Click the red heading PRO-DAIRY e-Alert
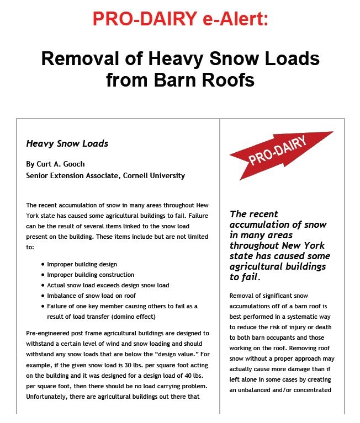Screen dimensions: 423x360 click(x=180, y=19)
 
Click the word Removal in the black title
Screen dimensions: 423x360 click(x=82, y=58)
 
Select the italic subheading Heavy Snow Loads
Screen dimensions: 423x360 click(x=67, y=143)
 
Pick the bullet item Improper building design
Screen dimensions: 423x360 click(x=82, y=264)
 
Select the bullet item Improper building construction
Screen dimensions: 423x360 click(x=91, y=275)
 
